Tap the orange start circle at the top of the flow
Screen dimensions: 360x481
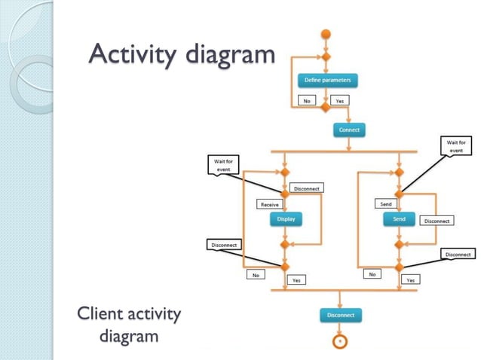click(326, 34)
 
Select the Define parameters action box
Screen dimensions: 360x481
click(326, 80)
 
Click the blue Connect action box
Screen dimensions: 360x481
click(348, 130)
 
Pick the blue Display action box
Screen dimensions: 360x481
click(286, 219)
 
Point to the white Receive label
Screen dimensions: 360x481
click(268, 204)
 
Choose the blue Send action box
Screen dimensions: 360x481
click(399, 219)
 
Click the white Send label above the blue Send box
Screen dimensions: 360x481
click(384, 204)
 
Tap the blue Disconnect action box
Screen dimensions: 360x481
click(341, 314)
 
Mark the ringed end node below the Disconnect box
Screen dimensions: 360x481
click(340, 341)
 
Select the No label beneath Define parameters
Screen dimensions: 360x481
click(307, 100)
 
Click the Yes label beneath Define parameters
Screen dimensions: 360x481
click(340, 100)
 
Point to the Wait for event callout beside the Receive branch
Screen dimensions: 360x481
click(222, 164)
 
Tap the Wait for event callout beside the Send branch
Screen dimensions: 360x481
click(455, 145)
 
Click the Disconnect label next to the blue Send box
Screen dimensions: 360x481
click(436, 221)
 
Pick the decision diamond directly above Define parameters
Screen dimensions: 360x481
click(326, 57)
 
